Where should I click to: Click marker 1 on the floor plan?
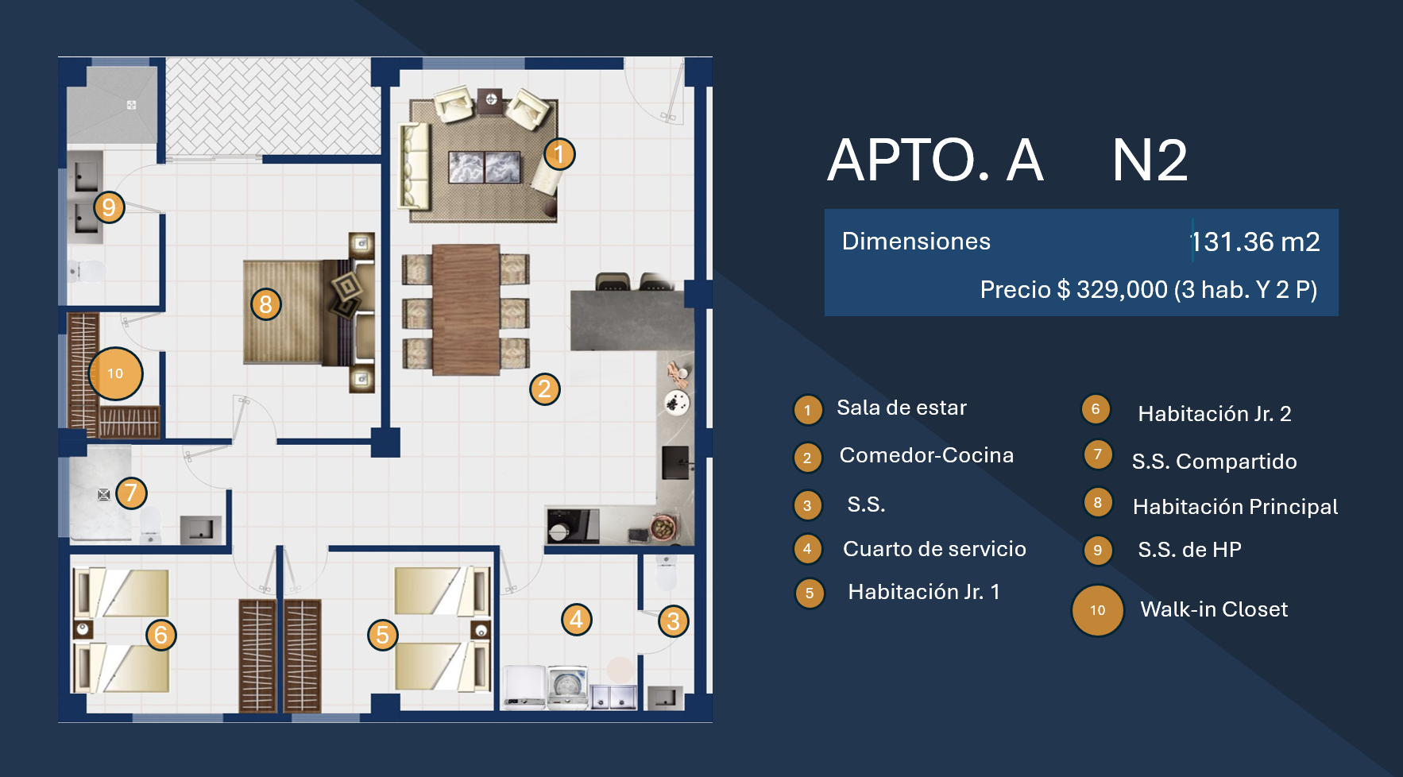click(x=559, y=154)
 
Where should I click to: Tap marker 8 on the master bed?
click(x=266, y=303)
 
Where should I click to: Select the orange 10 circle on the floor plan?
click(x=116, y=373)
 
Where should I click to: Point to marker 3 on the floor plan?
click(x=673, y=621)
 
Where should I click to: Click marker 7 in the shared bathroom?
click(x=132, y=493)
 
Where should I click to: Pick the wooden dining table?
click(x=466, y=310)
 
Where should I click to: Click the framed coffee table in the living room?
click(x=485, y=167)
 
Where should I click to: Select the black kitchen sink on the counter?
click(x=676, y=462)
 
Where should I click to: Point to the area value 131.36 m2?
click(x=1255, y=242)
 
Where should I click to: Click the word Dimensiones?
click(x=916, y=242)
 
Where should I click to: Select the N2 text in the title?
click(x=1150, y=160)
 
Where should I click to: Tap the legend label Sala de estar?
click(x=902, y=408)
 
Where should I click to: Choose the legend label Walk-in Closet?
click(x=1214, y=609)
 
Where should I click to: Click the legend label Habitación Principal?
click(x=1235, y=507)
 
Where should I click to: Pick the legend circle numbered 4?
click(x=808, y=549)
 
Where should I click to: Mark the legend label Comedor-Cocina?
click(x=926, y=455)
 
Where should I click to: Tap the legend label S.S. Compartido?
click(x=1214, y=462)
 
